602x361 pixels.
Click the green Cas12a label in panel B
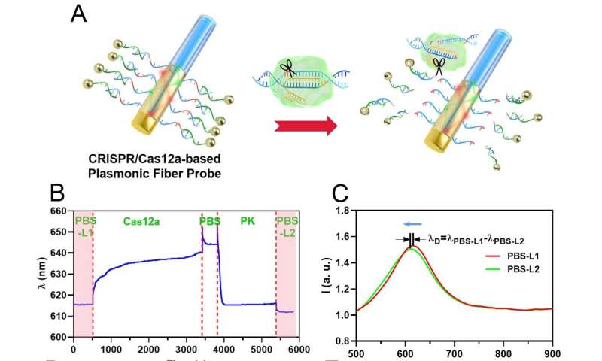point(141,221)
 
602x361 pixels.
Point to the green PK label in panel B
point(247,221)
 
